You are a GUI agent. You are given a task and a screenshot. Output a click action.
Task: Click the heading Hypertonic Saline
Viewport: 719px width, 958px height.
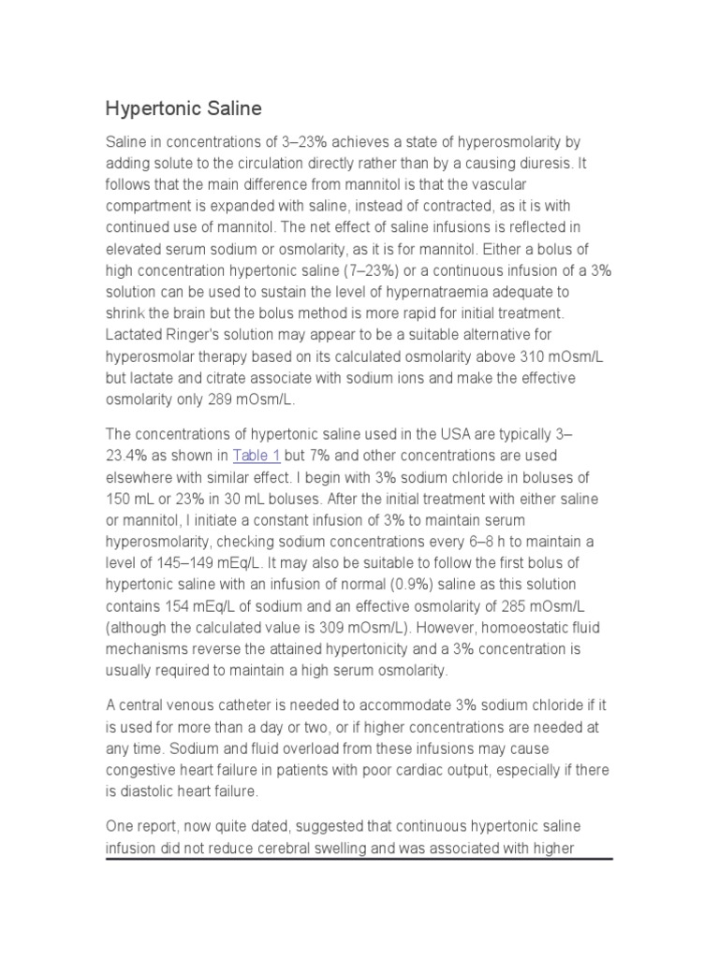(183, 109)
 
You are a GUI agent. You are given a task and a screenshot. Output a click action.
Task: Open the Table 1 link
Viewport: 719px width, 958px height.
(256, 456)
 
